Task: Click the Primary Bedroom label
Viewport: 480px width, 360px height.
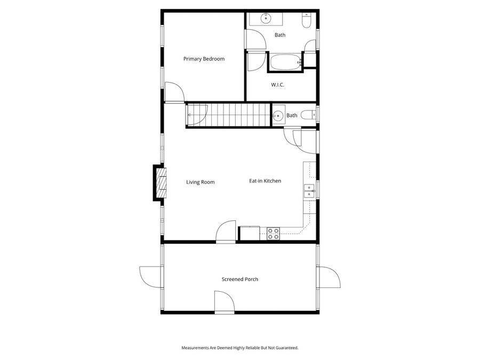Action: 204,59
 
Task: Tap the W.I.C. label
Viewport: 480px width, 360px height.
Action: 277,84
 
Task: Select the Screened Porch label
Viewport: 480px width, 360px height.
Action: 240,279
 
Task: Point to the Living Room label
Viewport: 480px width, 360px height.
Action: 200,182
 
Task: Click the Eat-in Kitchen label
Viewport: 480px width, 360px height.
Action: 265,181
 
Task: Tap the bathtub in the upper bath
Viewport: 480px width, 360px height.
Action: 285,62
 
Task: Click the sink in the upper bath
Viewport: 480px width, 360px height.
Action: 265,19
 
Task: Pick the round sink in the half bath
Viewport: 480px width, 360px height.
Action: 278,115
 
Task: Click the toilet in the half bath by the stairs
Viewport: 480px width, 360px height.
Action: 307,115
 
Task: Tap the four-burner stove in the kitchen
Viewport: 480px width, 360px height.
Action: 273,233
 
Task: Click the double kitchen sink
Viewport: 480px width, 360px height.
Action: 309,190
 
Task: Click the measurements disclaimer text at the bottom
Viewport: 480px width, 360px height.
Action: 240,348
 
